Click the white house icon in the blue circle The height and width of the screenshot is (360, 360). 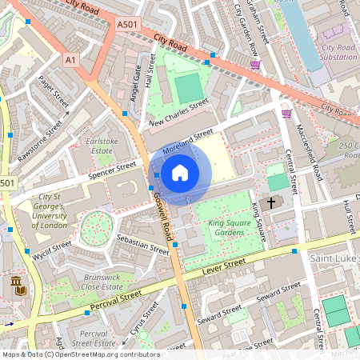coord(180,171)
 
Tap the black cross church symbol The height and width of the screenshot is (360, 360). coord(270,203)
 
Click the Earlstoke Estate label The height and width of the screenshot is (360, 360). coord(101,146)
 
